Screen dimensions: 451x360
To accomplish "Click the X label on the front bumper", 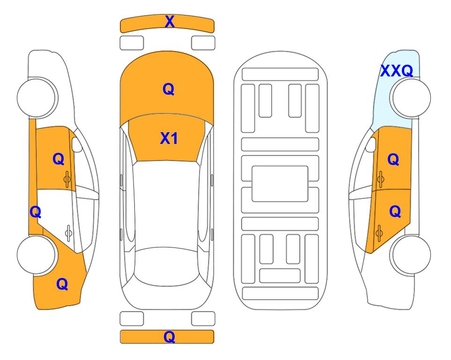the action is [x=170, y=22].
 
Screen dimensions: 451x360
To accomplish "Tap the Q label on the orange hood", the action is [x=169, y=89].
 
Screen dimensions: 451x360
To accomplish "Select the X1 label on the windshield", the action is [x=169, y=138].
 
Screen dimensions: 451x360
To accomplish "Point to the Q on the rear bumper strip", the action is [x=169, y=337].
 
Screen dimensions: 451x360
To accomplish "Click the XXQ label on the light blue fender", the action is [x=397, y=71].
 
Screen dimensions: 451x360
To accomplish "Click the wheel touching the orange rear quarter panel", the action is [x=37, y=255].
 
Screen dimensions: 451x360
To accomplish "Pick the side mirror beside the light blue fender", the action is [x=371, y=145].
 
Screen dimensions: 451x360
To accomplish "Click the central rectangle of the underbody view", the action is [x=280, y=184].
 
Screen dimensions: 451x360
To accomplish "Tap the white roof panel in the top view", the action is [x=166, y=204].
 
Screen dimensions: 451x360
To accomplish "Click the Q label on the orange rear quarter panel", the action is [x=62, y=284].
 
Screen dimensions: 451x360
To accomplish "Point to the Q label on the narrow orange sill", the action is [x=36, y=212].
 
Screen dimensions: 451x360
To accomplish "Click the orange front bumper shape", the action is [x=167, y=23].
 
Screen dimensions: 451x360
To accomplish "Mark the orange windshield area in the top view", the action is [x=167, y=138].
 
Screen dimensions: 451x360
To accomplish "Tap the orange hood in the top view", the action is [x=167, y=86].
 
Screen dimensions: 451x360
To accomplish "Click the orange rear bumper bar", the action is [x=167, y=337].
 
